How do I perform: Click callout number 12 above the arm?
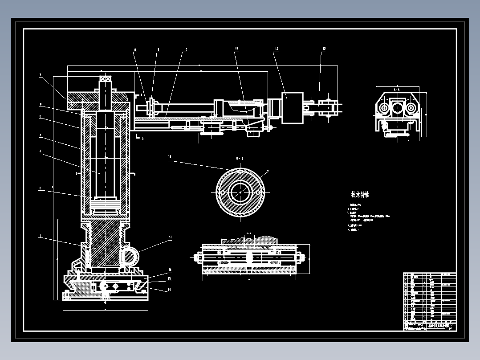tap(277, 49)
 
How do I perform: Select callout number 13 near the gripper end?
tap(324, 49)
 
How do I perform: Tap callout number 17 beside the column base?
tap(170, 237)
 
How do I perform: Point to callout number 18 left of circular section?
tap(170, 157)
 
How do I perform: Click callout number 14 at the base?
tap(170, 290)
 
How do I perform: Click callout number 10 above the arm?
tap(185, 49)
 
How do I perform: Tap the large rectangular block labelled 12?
tap(292, 107)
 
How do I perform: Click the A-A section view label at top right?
tap(394, 90)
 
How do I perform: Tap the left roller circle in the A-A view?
tap(383, 107)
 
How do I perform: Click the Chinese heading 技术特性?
tap(360, 195)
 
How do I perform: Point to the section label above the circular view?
tap(240, 159)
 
